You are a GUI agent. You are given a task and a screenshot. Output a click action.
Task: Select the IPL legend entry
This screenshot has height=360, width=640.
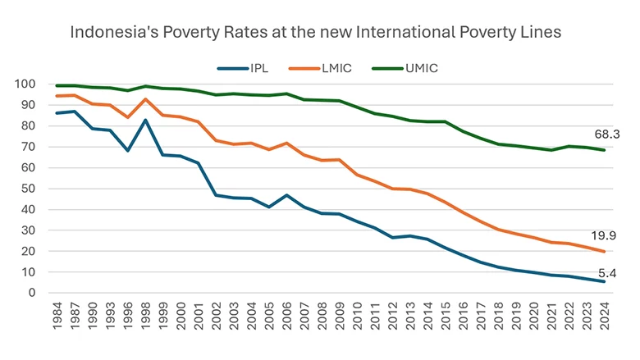click(251, 68)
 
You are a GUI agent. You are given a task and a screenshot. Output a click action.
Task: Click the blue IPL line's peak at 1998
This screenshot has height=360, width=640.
click(145, 121)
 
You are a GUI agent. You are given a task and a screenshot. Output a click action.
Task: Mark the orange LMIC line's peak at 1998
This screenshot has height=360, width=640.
click(145, 99)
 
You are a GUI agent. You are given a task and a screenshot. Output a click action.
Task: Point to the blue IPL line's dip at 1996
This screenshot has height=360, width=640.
click(127, 151)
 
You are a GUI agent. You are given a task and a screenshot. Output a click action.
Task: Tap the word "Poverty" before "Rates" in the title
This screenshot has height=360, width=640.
click(179, 34)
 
